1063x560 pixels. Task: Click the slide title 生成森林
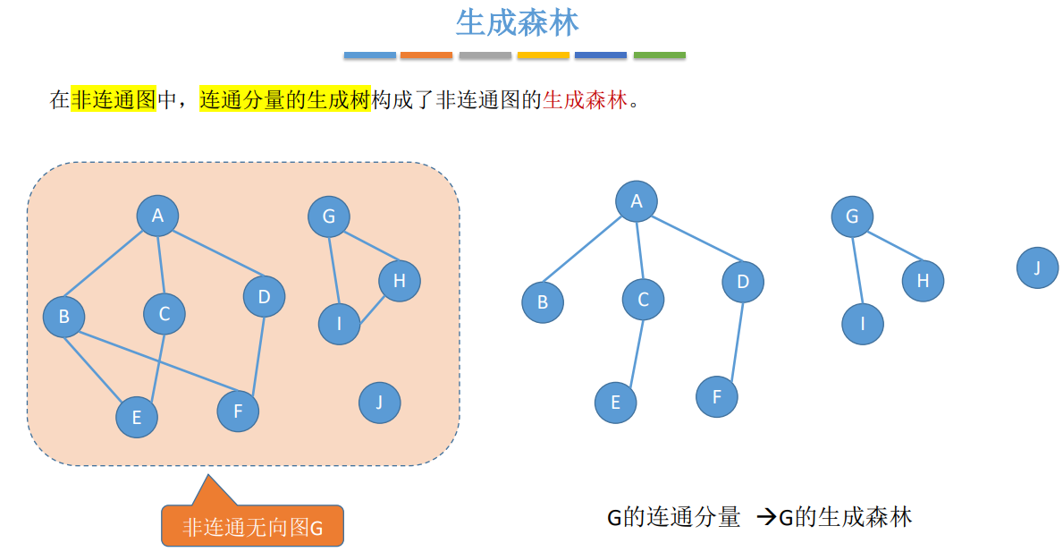pos(518,23)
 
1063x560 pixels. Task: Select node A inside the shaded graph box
pos(157,216)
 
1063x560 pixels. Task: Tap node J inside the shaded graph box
pos(379,403)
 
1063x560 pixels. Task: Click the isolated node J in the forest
pos(1037,267)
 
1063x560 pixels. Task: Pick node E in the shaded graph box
pos(136,417)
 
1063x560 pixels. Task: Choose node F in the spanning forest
pos(717,396)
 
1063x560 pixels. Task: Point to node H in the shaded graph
pos(399,281)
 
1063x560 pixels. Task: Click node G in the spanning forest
pos(851,216)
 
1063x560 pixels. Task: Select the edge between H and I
pos(371,309)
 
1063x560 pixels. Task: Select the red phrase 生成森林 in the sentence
pos(586,99)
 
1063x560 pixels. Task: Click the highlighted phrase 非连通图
pos(114,99)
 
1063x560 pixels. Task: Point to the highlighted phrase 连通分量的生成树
pos(284,99)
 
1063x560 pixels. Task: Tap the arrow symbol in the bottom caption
pos(766,517)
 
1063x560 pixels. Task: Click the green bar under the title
pos(659,55)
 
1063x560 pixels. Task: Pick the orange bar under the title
pos(426,55)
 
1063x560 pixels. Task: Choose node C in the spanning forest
pos(643,300)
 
